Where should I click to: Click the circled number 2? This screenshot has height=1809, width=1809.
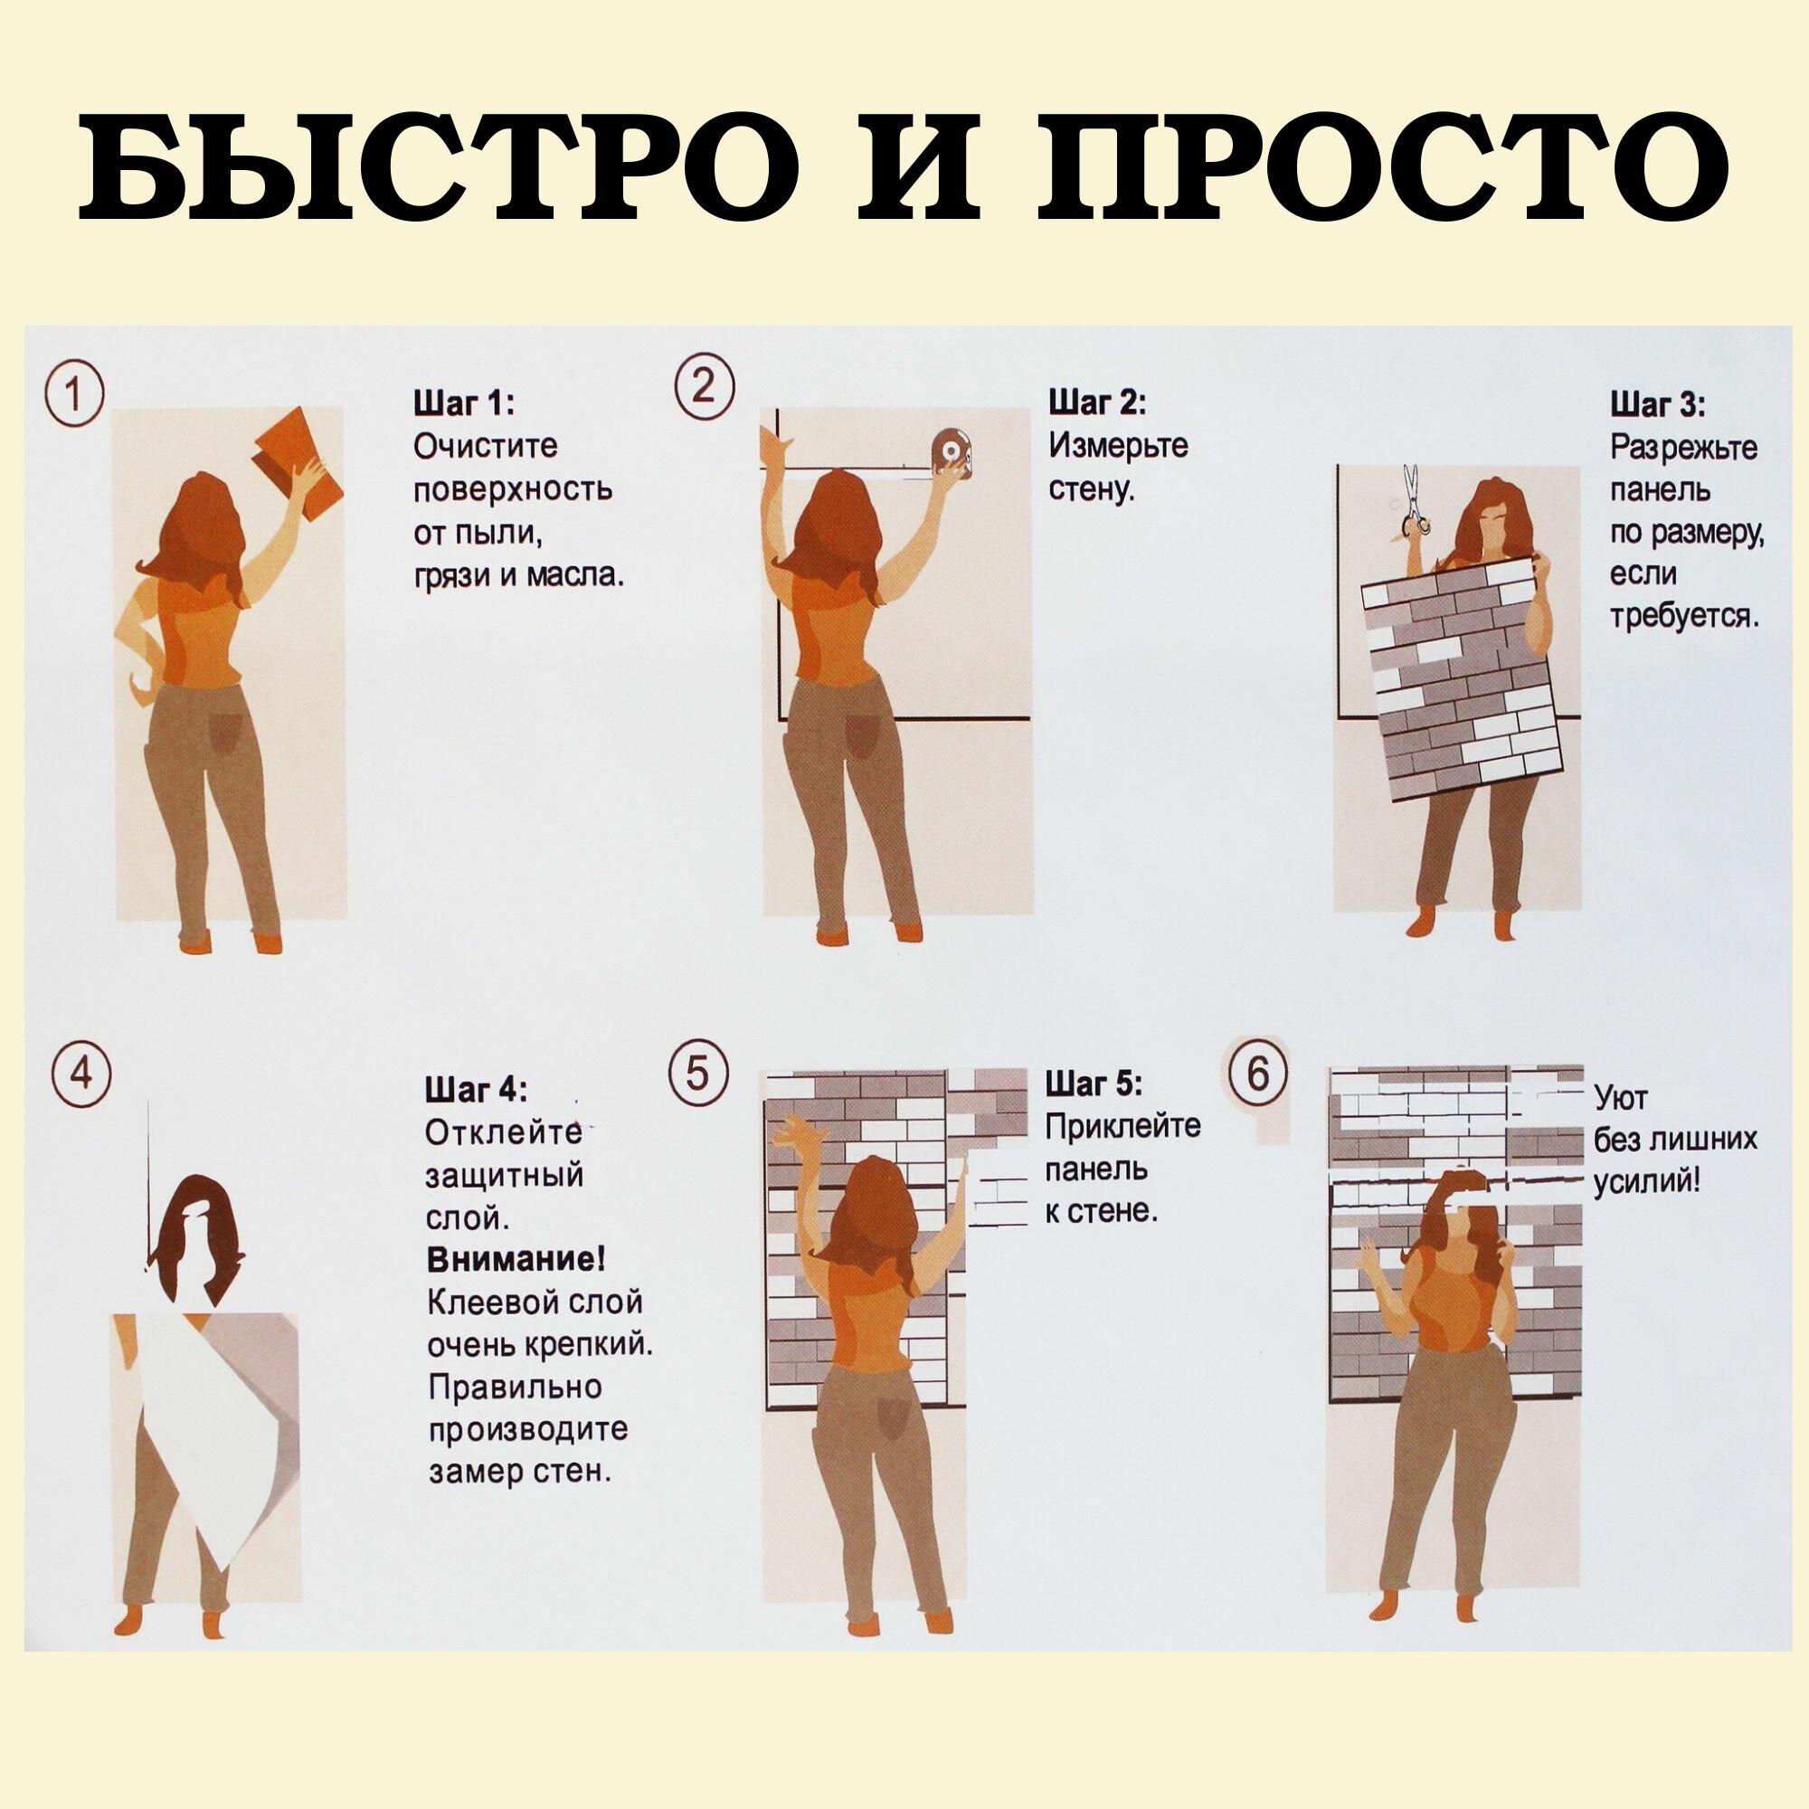[704, 384]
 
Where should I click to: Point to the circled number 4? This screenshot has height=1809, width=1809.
[81, 1075]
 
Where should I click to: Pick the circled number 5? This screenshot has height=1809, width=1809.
[698, 1074]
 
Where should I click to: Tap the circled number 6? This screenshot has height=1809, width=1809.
[1257, 1073]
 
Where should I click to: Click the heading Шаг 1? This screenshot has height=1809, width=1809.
[464, 403]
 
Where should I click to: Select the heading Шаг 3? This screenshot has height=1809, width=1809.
[1657, 405]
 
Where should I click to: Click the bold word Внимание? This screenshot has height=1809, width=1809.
[516, 1259]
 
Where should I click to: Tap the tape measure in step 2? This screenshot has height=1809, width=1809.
[954, 455]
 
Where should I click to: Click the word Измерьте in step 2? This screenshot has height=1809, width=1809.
[1118, 446]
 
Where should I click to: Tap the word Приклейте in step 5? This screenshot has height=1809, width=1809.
[1122, 1126]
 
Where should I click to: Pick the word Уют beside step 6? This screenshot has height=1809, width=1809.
[1621, 1096]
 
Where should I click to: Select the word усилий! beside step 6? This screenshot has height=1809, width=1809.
[1646, 1181]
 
